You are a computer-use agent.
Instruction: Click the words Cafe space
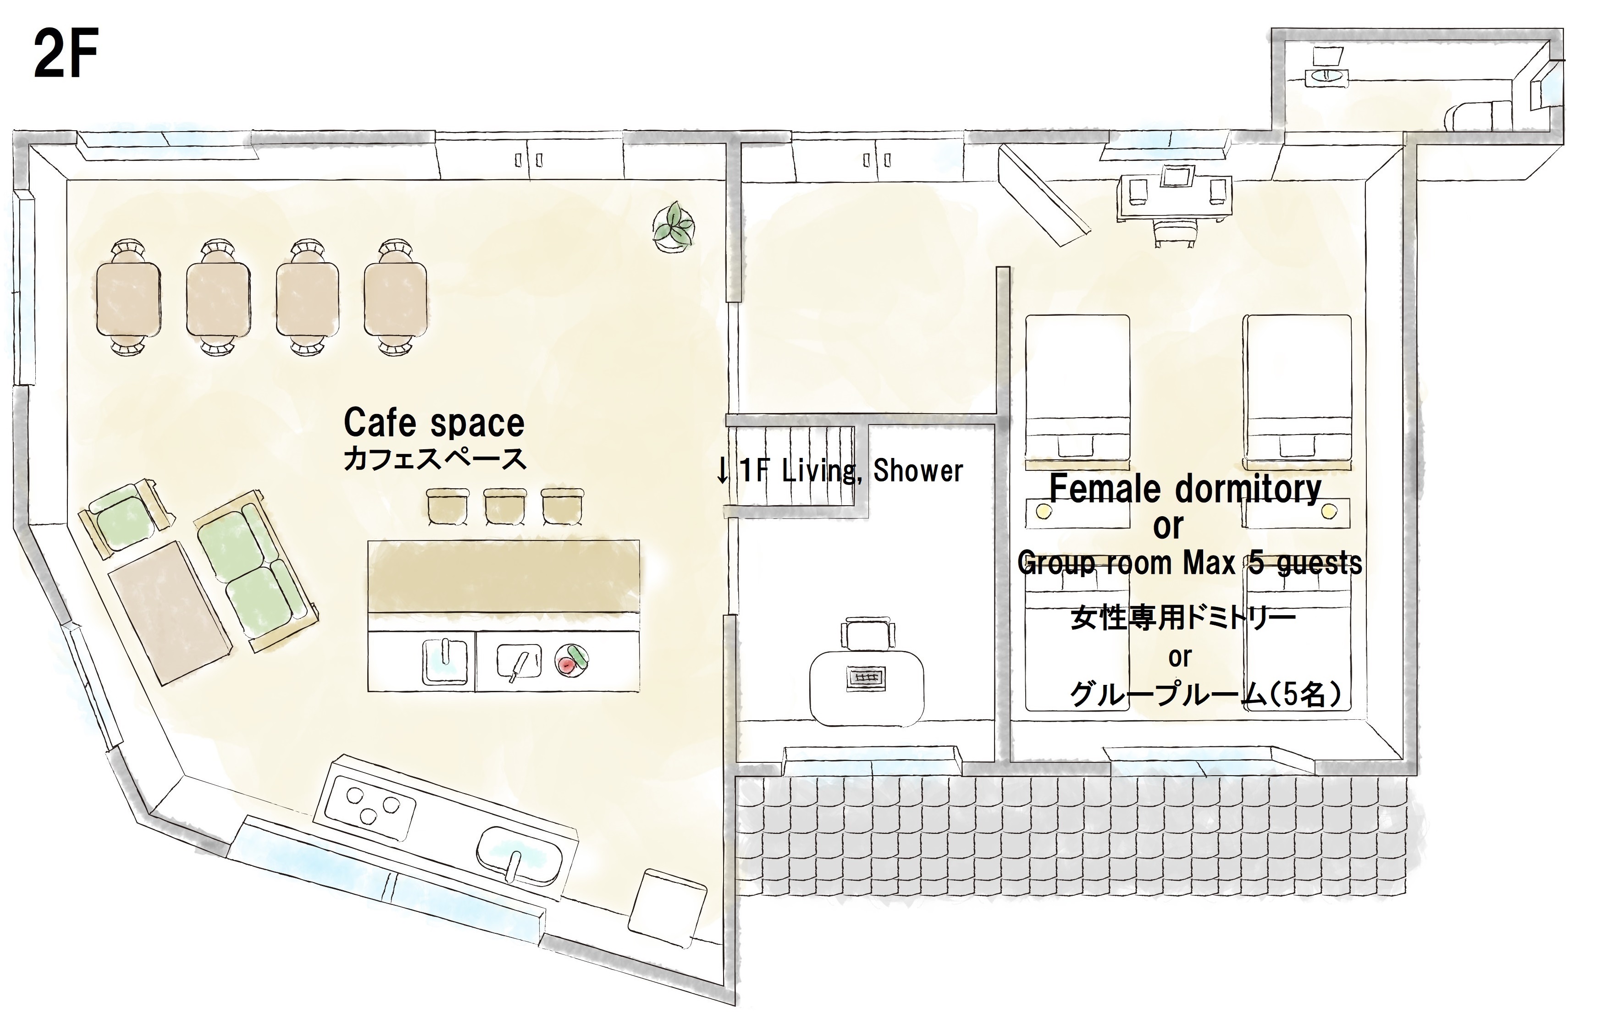click(434, 423)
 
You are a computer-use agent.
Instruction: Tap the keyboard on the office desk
click(867, 678)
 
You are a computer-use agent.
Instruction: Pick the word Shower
click(918, 471)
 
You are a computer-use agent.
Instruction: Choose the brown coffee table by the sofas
click(171, 612)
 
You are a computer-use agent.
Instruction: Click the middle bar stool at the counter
click(505, 507)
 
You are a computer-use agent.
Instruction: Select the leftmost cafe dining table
click(129, 298)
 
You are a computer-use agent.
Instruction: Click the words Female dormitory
click(1184, 489)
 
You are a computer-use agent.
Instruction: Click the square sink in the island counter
click(444, 661)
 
